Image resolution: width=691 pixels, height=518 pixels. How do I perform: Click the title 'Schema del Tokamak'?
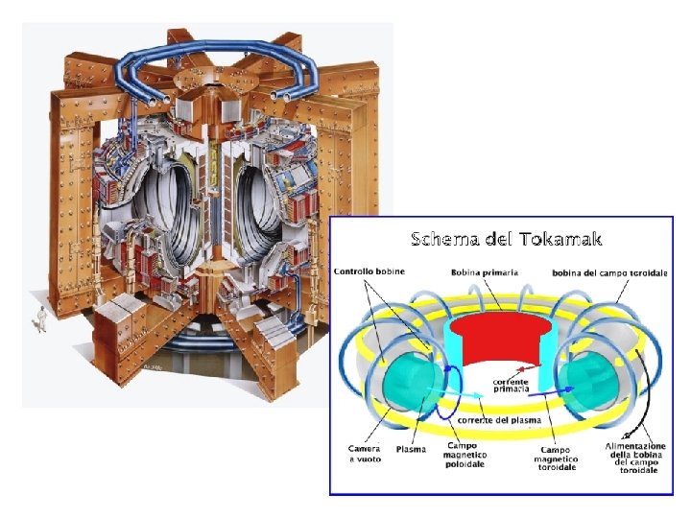506,238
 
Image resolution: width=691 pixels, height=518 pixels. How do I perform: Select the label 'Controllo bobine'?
369,271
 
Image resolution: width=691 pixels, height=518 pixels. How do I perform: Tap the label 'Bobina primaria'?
485,272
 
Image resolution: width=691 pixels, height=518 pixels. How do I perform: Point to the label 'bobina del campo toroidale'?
609,273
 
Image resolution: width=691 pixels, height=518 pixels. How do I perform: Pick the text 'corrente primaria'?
511,384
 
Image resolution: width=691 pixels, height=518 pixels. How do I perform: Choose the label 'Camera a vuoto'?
365,454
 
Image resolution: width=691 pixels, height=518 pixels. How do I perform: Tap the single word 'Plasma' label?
411,449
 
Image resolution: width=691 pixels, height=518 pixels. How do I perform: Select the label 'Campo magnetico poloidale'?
465,456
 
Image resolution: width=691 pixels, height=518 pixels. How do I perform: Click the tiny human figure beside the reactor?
40,320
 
